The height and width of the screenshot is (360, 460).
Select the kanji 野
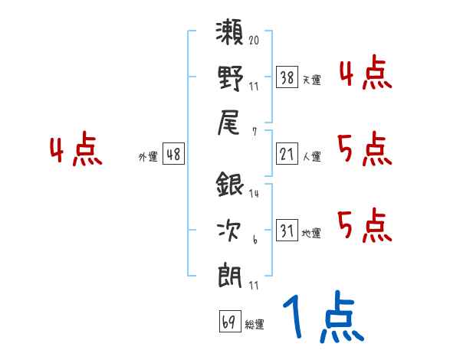click(x=229, y=78)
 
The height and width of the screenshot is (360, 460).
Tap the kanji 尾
click(x=229, y=121)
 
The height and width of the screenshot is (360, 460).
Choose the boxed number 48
click(x=173, y=155)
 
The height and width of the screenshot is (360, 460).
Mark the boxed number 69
click(x=228, y=322)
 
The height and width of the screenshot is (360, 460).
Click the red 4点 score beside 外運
click(x=77, y=152)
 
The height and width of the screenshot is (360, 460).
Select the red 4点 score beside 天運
click(x=366, y=74)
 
